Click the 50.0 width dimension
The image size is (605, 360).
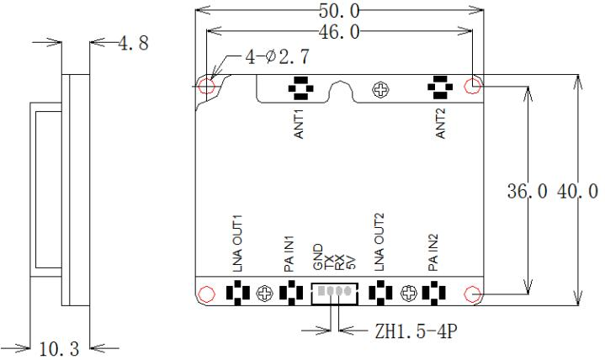point(339,11)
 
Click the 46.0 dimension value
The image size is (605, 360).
point(339,32)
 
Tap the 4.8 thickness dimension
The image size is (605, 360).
point(133,43)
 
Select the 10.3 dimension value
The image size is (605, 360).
point(60,349)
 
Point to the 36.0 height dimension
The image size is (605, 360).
point(527,191)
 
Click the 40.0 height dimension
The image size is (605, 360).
point(577,191)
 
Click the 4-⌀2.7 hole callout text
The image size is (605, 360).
point(277,57)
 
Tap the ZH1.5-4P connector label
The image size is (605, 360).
point(416,331)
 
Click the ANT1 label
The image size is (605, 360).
point(299,124)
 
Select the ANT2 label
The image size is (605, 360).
point(440,123)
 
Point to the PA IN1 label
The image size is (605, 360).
point(289,253)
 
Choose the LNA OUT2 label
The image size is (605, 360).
point(379,242)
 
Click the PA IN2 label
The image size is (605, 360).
point(433,252)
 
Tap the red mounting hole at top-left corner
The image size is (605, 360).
point(206,86)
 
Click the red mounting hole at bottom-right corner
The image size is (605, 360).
point(472,294)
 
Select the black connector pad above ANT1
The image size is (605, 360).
point(301,88)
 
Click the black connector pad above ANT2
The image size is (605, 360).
point(440,87)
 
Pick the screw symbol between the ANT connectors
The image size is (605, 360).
point(381,90)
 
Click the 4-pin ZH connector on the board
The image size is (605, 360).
point(335,294)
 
